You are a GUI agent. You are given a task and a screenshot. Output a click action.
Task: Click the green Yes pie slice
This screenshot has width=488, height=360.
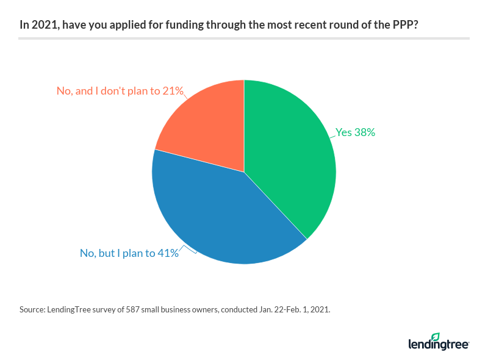tap(290, 159)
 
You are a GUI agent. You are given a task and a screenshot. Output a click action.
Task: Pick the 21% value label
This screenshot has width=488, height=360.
tap(173, 91)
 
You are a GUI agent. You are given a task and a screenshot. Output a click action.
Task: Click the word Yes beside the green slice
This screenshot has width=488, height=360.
tap(344, 132)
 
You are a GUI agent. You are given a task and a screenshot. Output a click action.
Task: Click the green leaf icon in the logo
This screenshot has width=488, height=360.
tap(435, 337)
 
